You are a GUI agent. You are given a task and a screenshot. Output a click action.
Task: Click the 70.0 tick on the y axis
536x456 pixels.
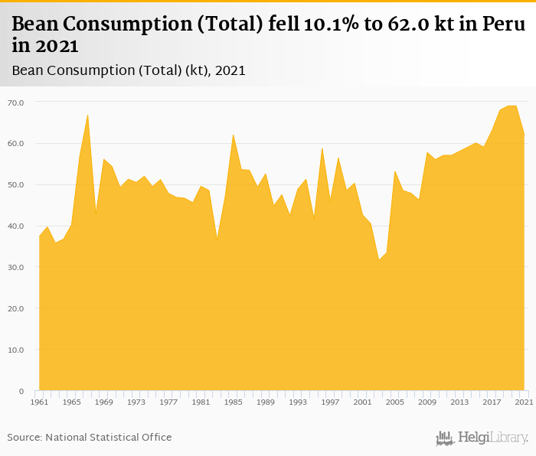[x=15, y=102]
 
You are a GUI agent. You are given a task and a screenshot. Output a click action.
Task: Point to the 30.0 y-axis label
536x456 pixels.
[x=15, y=267]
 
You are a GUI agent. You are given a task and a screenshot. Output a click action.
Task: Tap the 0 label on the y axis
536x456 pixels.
[x=21, y=391]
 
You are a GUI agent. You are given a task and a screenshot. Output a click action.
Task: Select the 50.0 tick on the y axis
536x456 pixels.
[x=15, y=184]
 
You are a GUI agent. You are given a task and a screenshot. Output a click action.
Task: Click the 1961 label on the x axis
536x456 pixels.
[x=39, y=402]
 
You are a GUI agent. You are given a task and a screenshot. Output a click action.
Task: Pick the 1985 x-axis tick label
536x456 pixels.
[x=233, y=402]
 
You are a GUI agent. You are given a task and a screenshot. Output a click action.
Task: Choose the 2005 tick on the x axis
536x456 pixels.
[x=394, y=402]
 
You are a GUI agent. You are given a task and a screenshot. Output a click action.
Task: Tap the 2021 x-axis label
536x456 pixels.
[x=523, y=402]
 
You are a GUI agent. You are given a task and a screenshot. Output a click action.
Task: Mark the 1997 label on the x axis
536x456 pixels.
[x=330, y=402]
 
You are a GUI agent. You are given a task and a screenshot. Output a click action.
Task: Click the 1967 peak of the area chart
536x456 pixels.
[x=88, y=115]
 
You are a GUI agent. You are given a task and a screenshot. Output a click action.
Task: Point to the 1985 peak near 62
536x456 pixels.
[x=233, y=135]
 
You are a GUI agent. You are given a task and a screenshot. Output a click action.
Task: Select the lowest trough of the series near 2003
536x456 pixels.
[x=378, y=259]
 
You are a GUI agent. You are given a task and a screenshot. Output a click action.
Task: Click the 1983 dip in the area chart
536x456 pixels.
[x=217, y=238]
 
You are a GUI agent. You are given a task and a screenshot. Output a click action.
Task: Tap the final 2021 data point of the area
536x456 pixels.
[x=524, y=135]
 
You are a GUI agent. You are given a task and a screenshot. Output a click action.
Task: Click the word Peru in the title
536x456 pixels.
[x=503, y=24]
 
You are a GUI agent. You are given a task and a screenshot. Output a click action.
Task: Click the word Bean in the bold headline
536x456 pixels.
[x=40, y=24]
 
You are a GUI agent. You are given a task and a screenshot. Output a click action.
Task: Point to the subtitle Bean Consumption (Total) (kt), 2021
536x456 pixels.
[x=129, y=70]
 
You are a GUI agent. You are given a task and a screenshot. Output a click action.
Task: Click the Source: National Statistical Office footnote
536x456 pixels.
[x=90, y=437]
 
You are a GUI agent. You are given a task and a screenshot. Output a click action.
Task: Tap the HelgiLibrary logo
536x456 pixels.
[x=482, y=438]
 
